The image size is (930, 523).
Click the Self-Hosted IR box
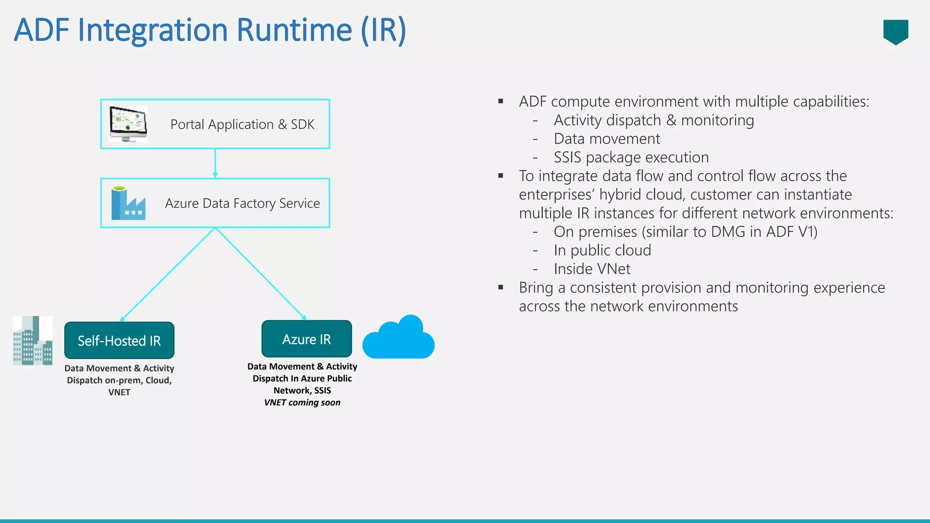(x=119, y=340)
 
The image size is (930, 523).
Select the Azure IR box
(x=307, y=339)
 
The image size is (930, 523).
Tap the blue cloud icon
(x=399, y=338)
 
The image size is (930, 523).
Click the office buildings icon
(x=33, y=341)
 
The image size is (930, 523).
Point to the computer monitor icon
(x=129, y=124)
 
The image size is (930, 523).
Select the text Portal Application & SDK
(x=242, y=124)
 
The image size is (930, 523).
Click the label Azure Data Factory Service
(x=242, y=203)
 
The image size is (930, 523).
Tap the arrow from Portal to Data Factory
(x=215, y=163)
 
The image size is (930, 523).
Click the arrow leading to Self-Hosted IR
(x=168, y=275)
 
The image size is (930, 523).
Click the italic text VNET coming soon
(x=302, y=403)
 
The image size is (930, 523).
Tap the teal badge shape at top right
(x=895, y=31)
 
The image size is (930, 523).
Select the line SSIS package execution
(x=631, y=158)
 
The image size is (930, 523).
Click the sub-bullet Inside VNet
(x=592, y=269)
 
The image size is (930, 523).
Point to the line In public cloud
(x=602, y=251)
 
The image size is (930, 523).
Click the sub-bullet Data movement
(x=607, y=139)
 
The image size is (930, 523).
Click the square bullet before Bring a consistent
(x=501, y=287)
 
